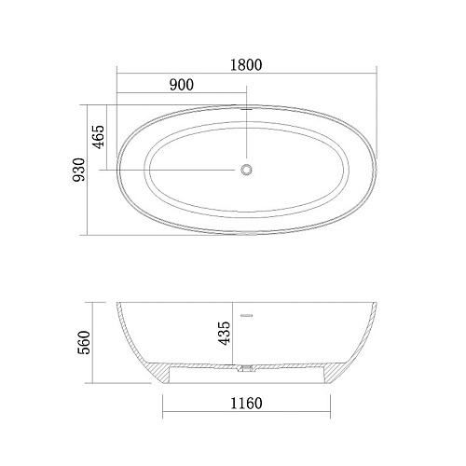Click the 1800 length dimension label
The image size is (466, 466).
point(246,65)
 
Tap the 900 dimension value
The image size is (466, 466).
point(182,85)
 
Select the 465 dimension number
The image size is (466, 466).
point(99,137)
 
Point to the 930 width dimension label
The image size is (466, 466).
point(78,170)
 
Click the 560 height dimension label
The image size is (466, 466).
point(84,342)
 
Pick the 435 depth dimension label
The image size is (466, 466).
point(225,333)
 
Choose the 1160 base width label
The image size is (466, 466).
point(246,404)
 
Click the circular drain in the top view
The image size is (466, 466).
point(246,170)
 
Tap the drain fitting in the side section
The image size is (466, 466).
point(246,368)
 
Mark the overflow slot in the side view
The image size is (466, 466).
point(247,316)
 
